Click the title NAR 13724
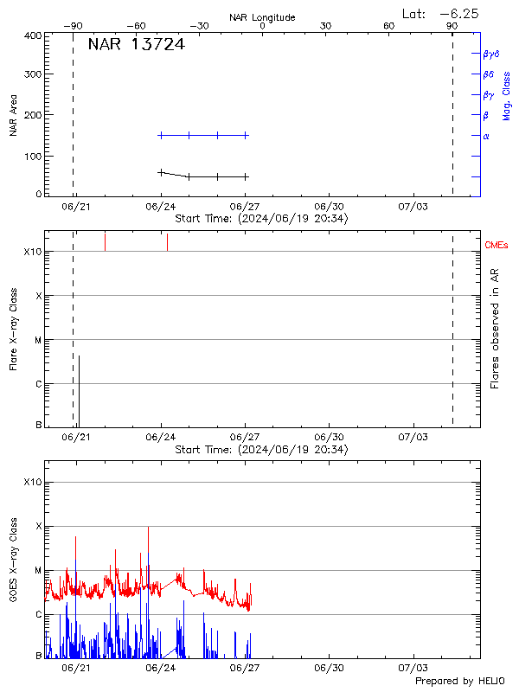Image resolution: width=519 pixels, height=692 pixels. [136, 45]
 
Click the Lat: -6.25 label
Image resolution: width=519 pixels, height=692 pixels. [441, 13]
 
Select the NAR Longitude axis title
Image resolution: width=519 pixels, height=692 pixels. [262, 17]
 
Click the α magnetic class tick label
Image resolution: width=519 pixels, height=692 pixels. [486, 136]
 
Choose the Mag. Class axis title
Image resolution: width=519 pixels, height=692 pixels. [507, 96]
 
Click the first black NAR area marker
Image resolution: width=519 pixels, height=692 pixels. [161, 172]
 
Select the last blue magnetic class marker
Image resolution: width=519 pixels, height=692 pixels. [246, 135]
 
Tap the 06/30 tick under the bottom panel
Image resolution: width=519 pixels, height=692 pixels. [330, 668]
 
